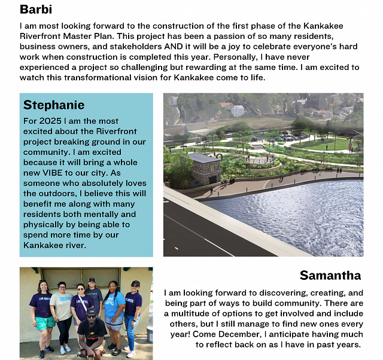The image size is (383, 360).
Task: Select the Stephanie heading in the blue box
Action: [54, 105]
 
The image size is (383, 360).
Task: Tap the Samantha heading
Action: [330, 276]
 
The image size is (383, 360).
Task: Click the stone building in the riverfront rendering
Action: [205, 168]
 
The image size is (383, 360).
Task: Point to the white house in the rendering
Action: [238, 111]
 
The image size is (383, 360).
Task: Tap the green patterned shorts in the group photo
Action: [45, 323]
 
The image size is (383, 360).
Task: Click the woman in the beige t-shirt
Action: [62, 305]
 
